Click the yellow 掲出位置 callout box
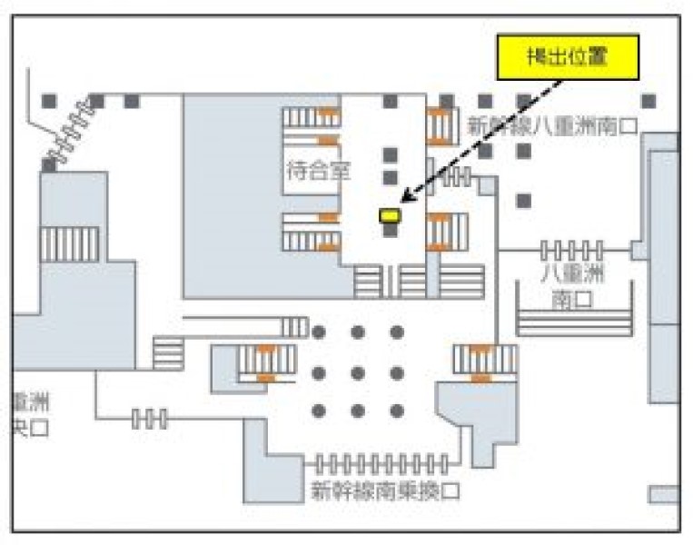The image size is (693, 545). coord(568,57)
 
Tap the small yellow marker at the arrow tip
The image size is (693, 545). coord(390,215)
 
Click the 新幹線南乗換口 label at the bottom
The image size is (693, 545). coord(385,491)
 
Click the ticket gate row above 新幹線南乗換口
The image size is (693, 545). coord(381,463)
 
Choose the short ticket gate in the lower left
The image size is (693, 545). coord(150,419)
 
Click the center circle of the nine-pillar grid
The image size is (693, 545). coord(358,372)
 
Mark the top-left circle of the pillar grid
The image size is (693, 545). coord(319,332)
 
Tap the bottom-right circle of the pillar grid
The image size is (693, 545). coord(397,411)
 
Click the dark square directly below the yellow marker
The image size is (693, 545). coord(390,231)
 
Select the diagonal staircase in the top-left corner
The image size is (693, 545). coord(67,128)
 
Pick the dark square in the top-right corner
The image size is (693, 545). coord(648,101)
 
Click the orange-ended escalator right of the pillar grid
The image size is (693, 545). coord(484,361)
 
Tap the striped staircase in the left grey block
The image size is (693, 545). coord(69,243)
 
